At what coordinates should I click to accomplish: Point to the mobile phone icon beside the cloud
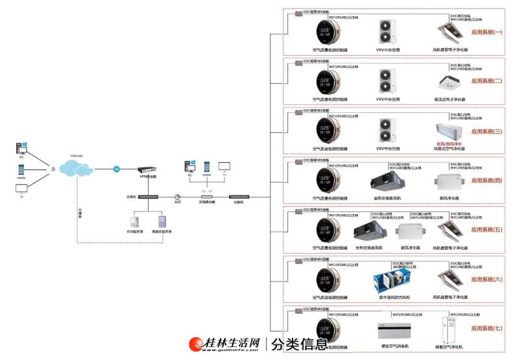[21, 169]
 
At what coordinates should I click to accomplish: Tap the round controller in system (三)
[328, 128]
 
